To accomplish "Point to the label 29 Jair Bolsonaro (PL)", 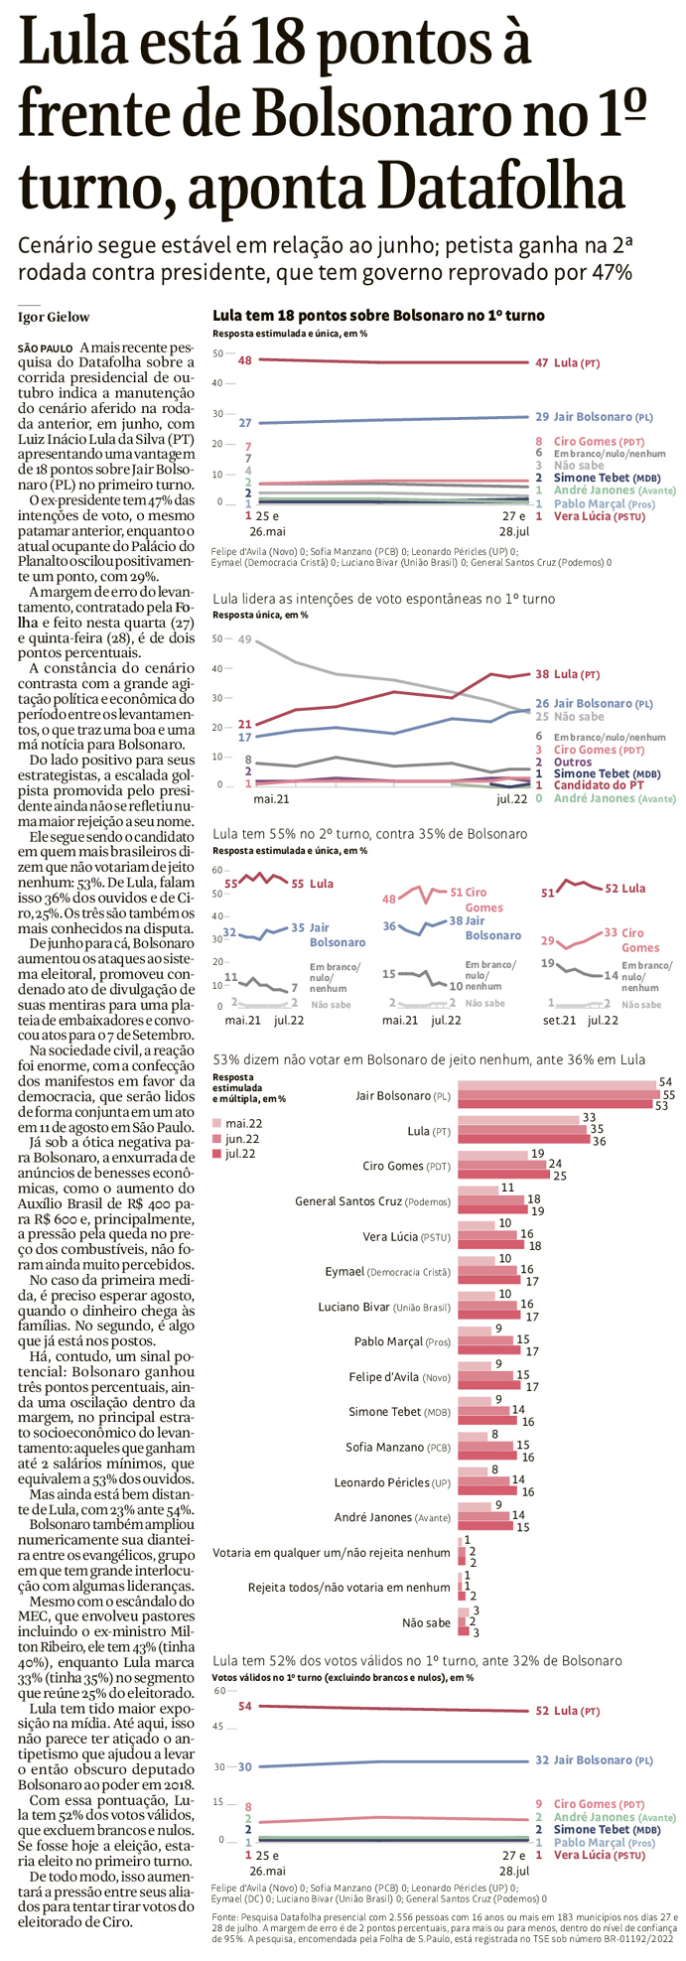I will click(594, 417).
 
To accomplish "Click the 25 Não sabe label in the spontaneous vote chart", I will click(570, 716).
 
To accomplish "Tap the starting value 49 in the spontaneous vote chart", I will click(244, 639).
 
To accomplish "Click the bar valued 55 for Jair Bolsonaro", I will click(556, 1095).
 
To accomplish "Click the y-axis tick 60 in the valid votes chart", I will click(219, 1691).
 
